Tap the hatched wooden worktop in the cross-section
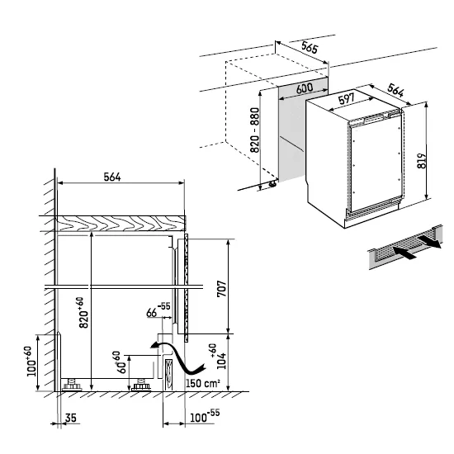click(x=120, y=222)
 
